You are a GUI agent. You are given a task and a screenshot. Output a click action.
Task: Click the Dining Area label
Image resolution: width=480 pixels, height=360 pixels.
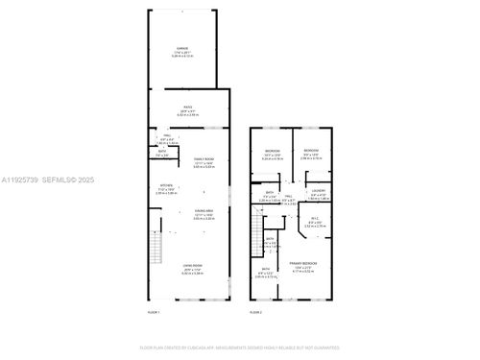tap(203, 215)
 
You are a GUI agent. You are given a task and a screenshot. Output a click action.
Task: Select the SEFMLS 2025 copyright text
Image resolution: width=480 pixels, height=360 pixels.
tap(66, 180)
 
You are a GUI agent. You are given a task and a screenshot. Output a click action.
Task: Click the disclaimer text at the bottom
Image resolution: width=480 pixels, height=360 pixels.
tap(240, 347)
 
